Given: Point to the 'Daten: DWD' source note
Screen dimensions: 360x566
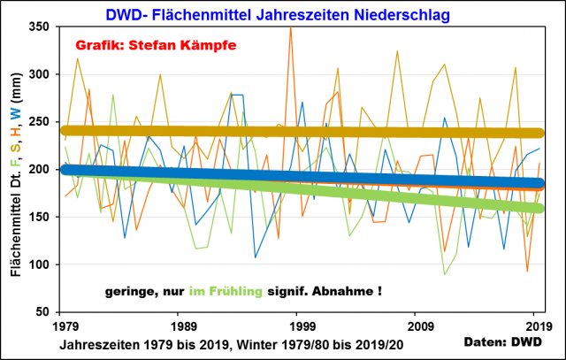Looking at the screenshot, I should pos(504,341).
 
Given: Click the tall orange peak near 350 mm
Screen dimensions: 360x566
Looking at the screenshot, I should pos(290,28).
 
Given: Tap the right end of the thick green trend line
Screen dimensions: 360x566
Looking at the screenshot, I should pos(539,209).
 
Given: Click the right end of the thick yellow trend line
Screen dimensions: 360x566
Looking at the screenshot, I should pos(539,134).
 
